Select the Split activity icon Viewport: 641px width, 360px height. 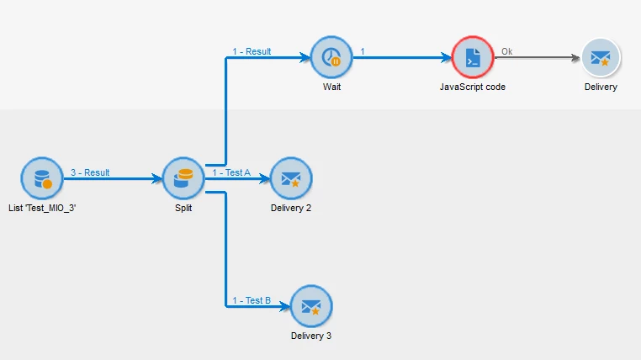coord(183,178)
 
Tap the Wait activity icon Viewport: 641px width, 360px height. coord(331,58)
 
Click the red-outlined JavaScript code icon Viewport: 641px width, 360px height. coord(473,58)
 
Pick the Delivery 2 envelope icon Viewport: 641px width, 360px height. coord(291,178)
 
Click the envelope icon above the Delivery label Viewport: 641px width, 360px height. coord(600,58)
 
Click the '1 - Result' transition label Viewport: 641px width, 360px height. coord(252,51)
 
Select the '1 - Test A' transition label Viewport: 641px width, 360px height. coord(231,172)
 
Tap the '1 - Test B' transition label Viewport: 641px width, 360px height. coord(252,300)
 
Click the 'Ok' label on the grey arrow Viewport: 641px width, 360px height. coord(506,51)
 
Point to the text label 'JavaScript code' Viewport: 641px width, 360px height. coord(473,87)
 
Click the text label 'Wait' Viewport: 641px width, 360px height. coord(331,87)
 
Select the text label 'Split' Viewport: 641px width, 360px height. coord(183,208)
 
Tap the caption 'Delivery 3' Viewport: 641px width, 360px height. coord(311,336)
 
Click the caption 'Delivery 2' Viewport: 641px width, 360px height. coord(291,208)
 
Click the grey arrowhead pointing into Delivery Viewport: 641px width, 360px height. coord(575,59)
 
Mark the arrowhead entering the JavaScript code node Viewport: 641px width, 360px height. coord(447,59)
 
